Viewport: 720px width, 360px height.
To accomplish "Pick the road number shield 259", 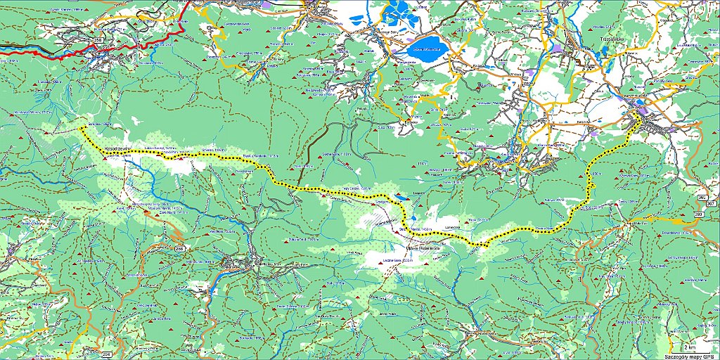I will point(698,212).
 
